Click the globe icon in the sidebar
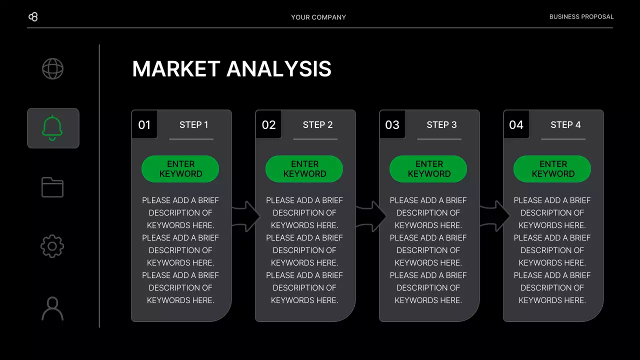tap(52, 68)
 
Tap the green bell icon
tap(52, 128)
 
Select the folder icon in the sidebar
tap(52, 187)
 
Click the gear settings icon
tap(52, 246)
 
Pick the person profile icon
tap(52, 308)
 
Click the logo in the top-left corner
tap(33, 17)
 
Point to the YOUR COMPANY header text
tap(318, 17)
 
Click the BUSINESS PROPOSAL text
tap(581, 16)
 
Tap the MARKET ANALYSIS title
tap(231, 69)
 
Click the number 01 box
tap(144, 124)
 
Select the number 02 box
tap(268, 124)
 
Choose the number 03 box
tap(392, 124)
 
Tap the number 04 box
tap(516, 124)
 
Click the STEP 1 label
tap(193, 124)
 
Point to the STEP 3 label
tap(441, 124)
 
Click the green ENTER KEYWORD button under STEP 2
tap(304, 169)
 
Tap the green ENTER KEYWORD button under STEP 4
tap(552, 169)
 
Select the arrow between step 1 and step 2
tap(246, 216)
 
